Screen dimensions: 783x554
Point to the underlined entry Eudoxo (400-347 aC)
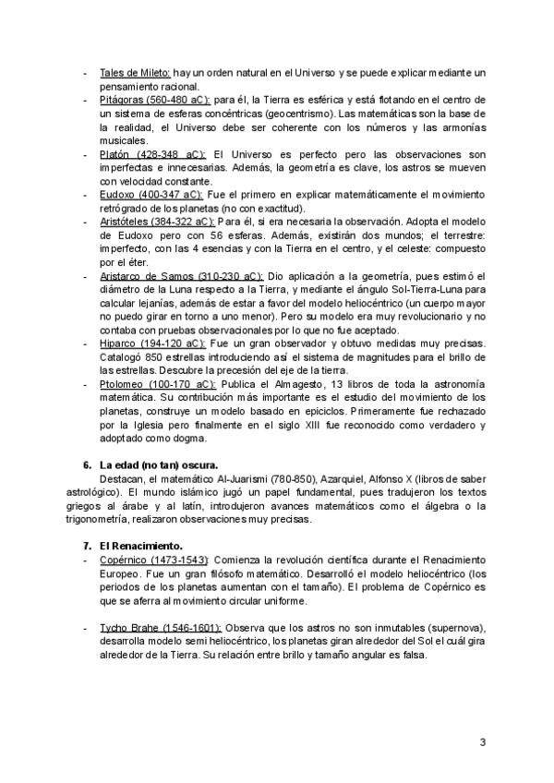click(151, 195)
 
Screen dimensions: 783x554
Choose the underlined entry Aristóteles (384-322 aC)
click(158, 223)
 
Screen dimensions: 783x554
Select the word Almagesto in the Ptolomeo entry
click(326, 383)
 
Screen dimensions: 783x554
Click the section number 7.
click(87, 545)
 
